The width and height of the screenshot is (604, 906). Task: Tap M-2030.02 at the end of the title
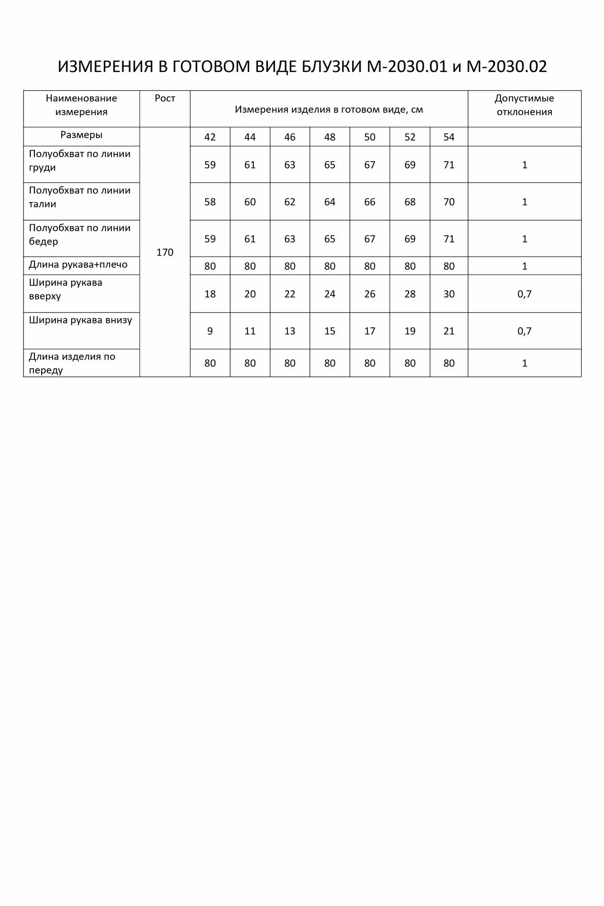[507, 67]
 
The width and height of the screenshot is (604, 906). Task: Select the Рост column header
[165, 98]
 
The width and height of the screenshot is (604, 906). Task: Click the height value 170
[165, 252]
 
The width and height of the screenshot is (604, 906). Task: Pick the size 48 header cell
[330, 137]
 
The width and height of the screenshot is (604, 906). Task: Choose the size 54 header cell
[449, 137]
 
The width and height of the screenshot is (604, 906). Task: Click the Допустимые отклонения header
[524, 105]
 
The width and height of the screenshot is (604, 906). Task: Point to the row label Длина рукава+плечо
[78, 265]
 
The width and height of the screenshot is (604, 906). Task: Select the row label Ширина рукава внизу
[81, 320]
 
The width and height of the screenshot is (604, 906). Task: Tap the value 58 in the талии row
[210, 202]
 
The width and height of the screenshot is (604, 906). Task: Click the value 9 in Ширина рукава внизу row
[210, 331]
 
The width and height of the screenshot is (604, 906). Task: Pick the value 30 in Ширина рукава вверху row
[449, 294]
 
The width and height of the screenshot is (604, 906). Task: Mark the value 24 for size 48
[330, 294]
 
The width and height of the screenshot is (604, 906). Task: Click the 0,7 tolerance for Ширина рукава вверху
[524, 294]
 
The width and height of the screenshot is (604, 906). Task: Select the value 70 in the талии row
[449, 202]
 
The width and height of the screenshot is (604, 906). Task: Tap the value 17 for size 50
[370, 331]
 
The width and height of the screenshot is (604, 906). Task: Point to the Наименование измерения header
[82, 105]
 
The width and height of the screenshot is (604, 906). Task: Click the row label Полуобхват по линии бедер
[80, 235]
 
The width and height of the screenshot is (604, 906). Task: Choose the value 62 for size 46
[290, 202]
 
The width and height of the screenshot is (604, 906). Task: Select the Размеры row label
[82, 135]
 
